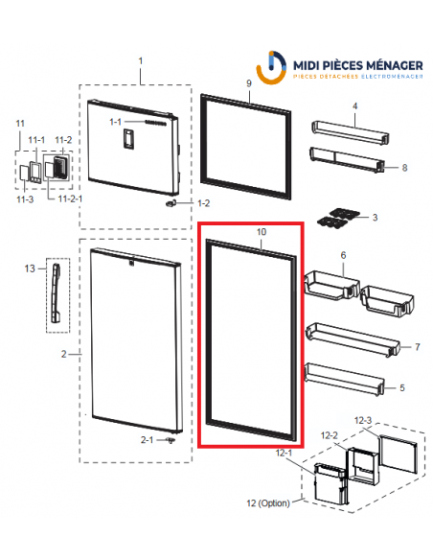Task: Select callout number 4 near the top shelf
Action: tap(354, 105)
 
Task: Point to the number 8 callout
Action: tap(404, 168)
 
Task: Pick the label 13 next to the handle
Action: tap(343, 256)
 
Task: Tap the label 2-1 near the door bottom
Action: tap(147, 440)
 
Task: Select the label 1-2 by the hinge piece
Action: tap(203, 204)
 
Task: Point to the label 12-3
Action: tap(364, 419)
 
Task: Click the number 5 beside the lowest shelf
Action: tap(400, 387)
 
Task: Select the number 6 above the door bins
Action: tap(343, 256)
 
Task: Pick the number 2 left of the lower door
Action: tap(63, 354)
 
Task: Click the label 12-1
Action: tap(283, 451)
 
